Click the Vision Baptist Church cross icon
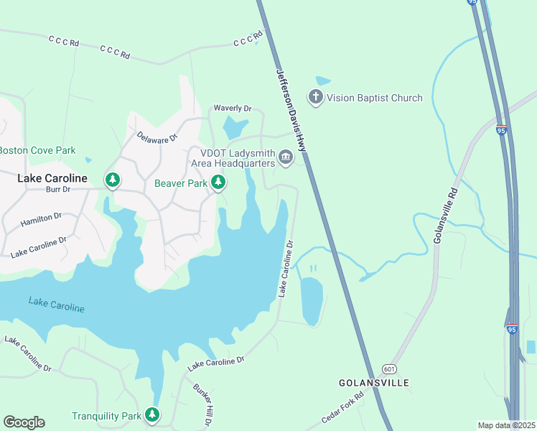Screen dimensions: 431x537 pos(315,97)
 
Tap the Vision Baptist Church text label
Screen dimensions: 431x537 pos(375,98)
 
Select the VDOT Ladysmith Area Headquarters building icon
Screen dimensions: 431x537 pos(286,157)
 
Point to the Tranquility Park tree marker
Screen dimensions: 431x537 pos(151,415)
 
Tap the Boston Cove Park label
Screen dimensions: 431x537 pos(37,151)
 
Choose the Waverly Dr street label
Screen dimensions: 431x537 pos(233,108)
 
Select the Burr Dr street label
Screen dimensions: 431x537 pos(57,190)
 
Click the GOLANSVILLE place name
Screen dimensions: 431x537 pos(373,383)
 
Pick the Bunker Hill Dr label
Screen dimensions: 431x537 pos(204,397)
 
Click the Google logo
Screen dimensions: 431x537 pos(24,422)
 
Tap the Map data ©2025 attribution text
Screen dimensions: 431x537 pos(506,425)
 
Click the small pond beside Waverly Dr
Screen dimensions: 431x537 pos(234,128)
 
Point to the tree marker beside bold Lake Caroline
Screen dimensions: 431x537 pos(113,180)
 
